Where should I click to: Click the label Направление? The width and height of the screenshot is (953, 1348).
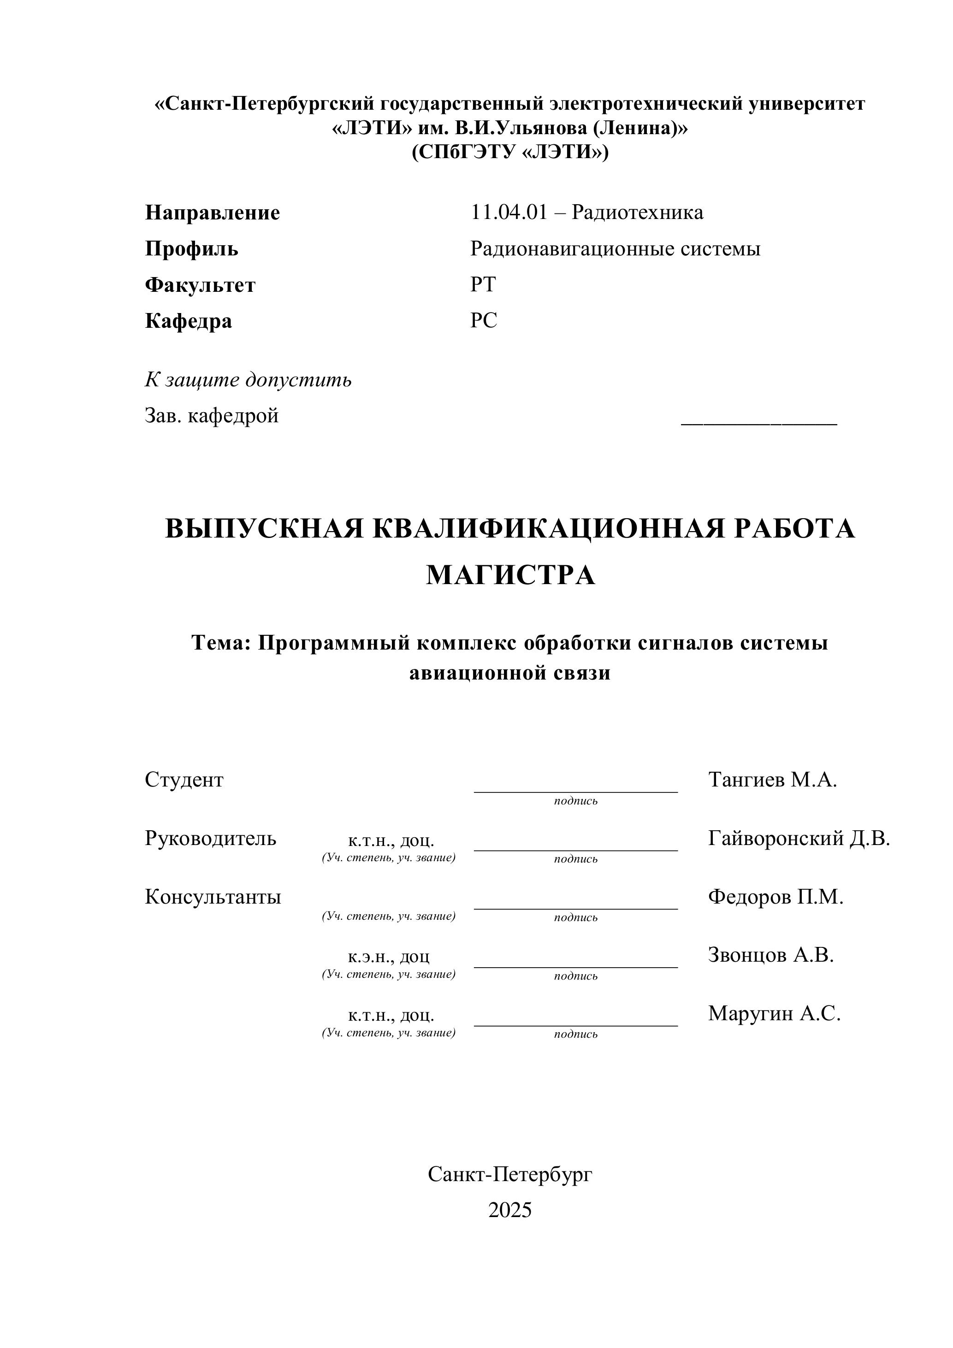coord(212,213)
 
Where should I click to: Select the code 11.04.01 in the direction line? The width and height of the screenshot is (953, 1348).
coord(509,212)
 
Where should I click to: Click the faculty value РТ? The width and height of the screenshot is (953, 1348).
coord(483,285)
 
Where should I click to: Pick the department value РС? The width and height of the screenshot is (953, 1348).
coord(483,320)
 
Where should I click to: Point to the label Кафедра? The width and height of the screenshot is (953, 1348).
coord(188,321)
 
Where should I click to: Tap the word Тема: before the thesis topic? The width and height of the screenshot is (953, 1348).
coord(221,643)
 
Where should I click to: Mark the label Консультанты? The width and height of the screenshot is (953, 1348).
coord(213,897)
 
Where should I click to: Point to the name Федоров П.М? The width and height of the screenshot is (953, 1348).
coord(775,897)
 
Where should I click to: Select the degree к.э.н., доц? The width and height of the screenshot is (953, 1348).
coord(389,957)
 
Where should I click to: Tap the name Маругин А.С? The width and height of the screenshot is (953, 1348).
coord(774,1013)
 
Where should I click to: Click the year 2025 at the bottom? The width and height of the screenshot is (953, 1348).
coord(509,1211)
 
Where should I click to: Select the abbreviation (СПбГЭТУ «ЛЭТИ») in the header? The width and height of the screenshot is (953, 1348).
coord(509,152)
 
